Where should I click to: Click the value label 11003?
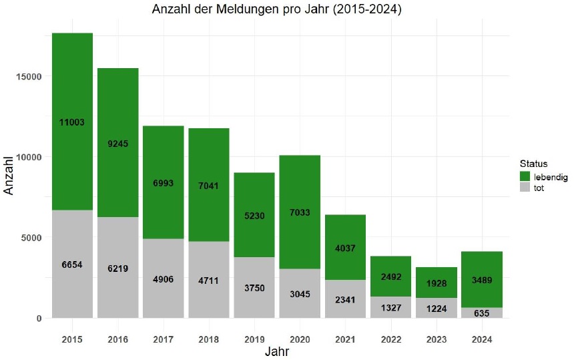[72, 122]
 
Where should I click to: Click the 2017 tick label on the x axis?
[164, 339]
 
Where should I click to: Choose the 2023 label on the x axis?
[436, 339]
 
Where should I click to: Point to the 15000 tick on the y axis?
[30, 76]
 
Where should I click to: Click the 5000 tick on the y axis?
[33, 237]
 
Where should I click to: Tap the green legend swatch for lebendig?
[525, 176]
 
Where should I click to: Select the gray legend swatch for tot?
[525, 188]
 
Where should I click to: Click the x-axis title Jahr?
[276, 352]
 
